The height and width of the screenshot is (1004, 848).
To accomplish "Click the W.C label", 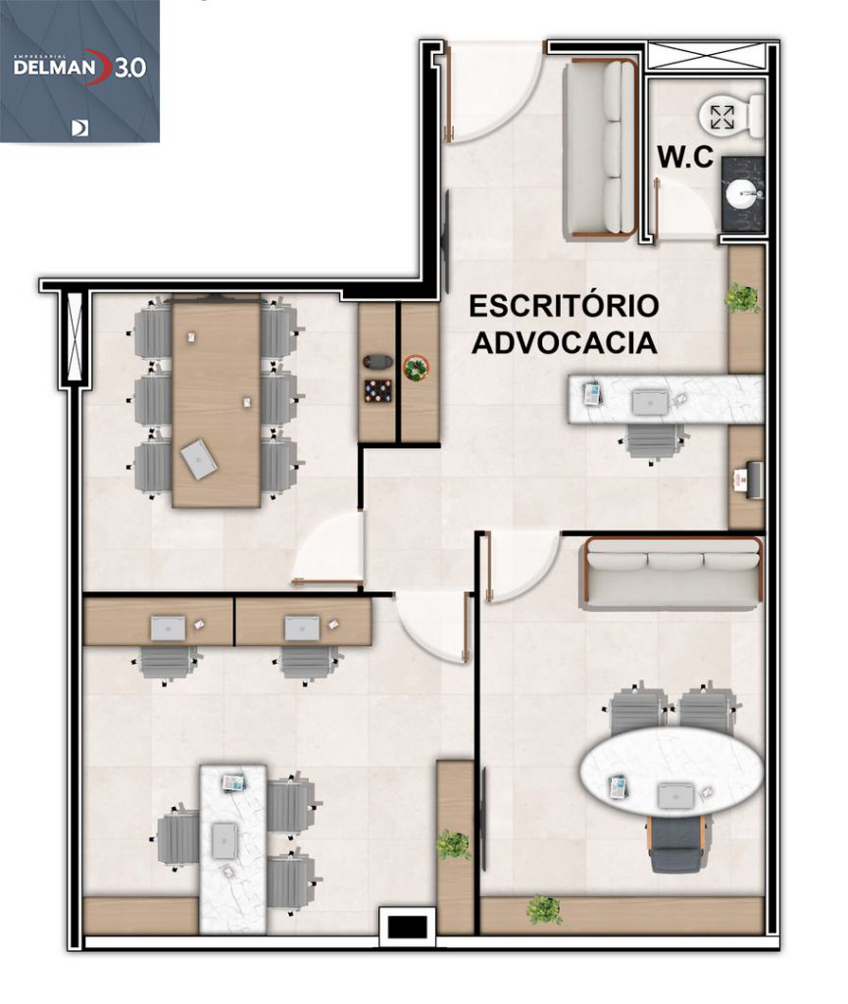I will [684, 157].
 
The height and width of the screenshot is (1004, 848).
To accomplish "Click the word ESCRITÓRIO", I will [563, 306].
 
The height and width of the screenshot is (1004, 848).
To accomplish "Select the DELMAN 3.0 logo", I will [79, 69].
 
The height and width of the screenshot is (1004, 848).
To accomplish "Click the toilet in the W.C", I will [730, 117].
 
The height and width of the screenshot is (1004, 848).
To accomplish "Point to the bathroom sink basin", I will [745, 194].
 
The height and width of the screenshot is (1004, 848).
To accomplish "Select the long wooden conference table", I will [216, 402].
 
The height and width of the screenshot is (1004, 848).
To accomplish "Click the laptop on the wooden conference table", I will [199, 459].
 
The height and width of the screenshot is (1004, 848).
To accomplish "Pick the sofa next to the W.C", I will [599, 149].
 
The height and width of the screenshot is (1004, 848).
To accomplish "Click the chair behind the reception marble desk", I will [653, 438].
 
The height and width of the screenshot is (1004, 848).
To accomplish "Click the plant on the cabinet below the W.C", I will [742, 297].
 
